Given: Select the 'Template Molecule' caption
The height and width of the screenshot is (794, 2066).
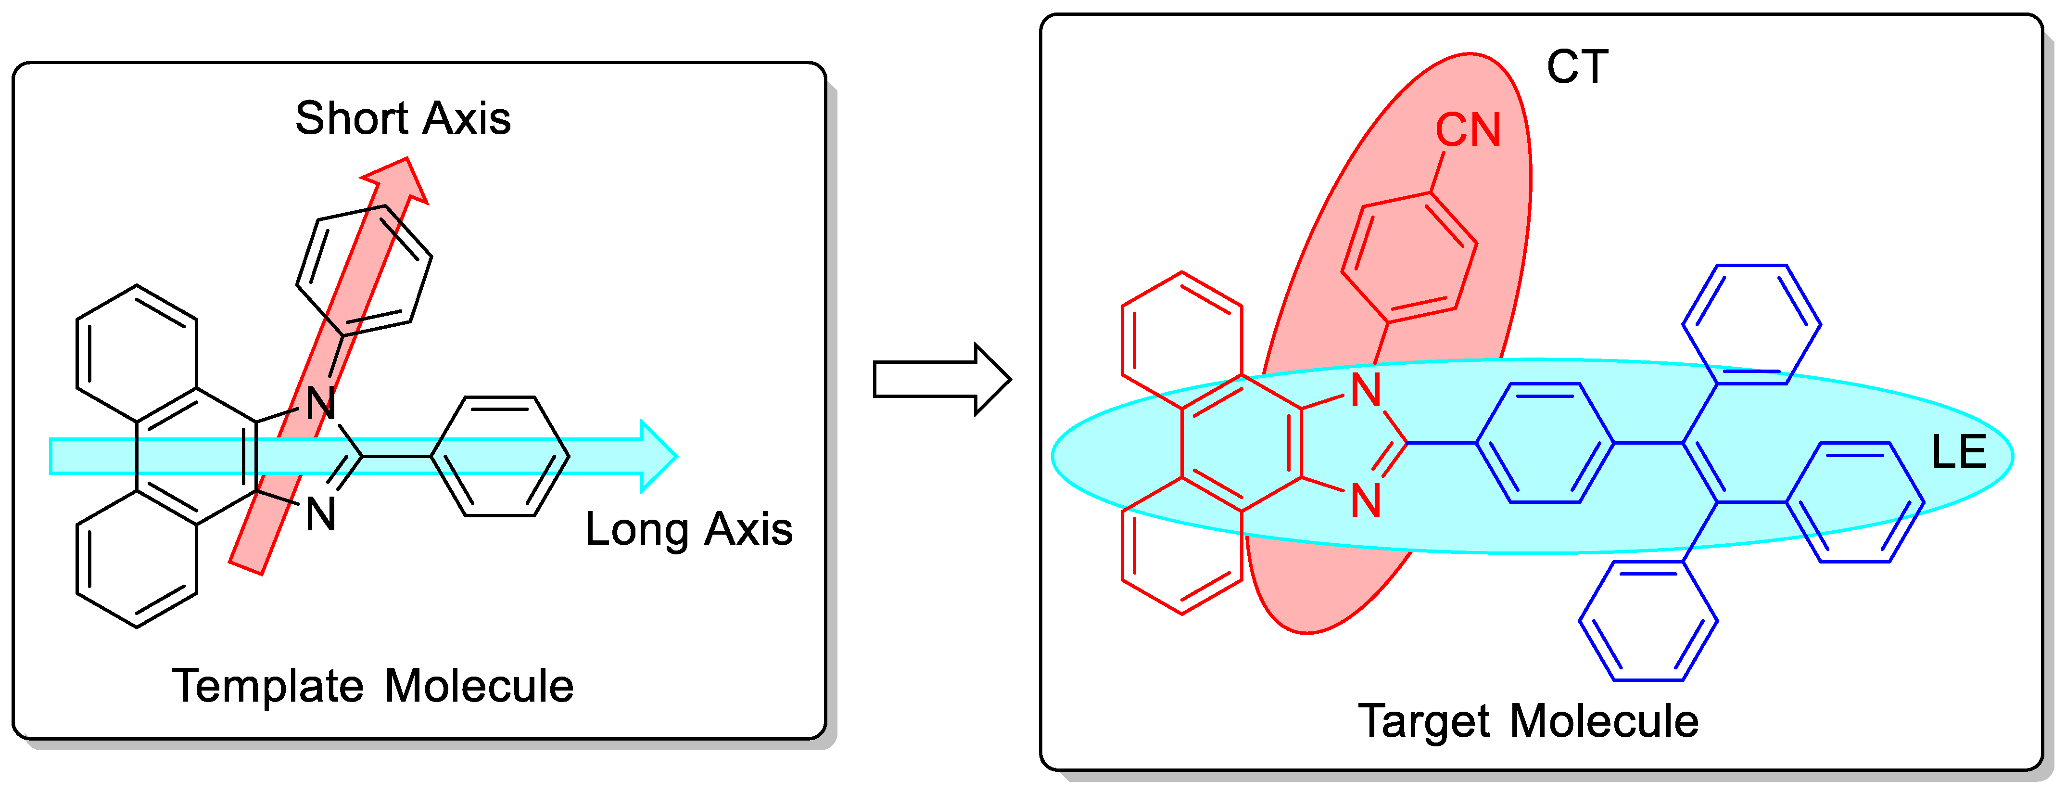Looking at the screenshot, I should coord(372,687).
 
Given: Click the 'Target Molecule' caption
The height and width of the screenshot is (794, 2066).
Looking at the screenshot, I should coord(1528,721).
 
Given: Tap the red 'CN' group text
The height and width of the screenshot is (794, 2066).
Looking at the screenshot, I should coord(1468,130).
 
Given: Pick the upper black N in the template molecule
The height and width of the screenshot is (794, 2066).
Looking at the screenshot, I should coord(321,403).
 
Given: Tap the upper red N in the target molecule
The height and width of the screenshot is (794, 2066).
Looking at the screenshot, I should coord(1366,391).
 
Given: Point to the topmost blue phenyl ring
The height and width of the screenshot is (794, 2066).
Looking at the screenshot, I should coord(1751,325).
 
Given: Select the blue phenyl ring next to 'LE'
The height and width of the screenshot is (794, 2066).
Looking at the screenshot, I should coord(1855,502).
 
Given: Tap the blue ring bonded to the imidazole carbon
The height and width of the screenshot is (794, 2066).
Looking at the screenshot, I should coord(1545,443).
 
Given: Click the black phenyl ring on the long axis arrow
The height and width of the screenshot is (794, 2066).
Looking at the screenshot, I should coord(500,456).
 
